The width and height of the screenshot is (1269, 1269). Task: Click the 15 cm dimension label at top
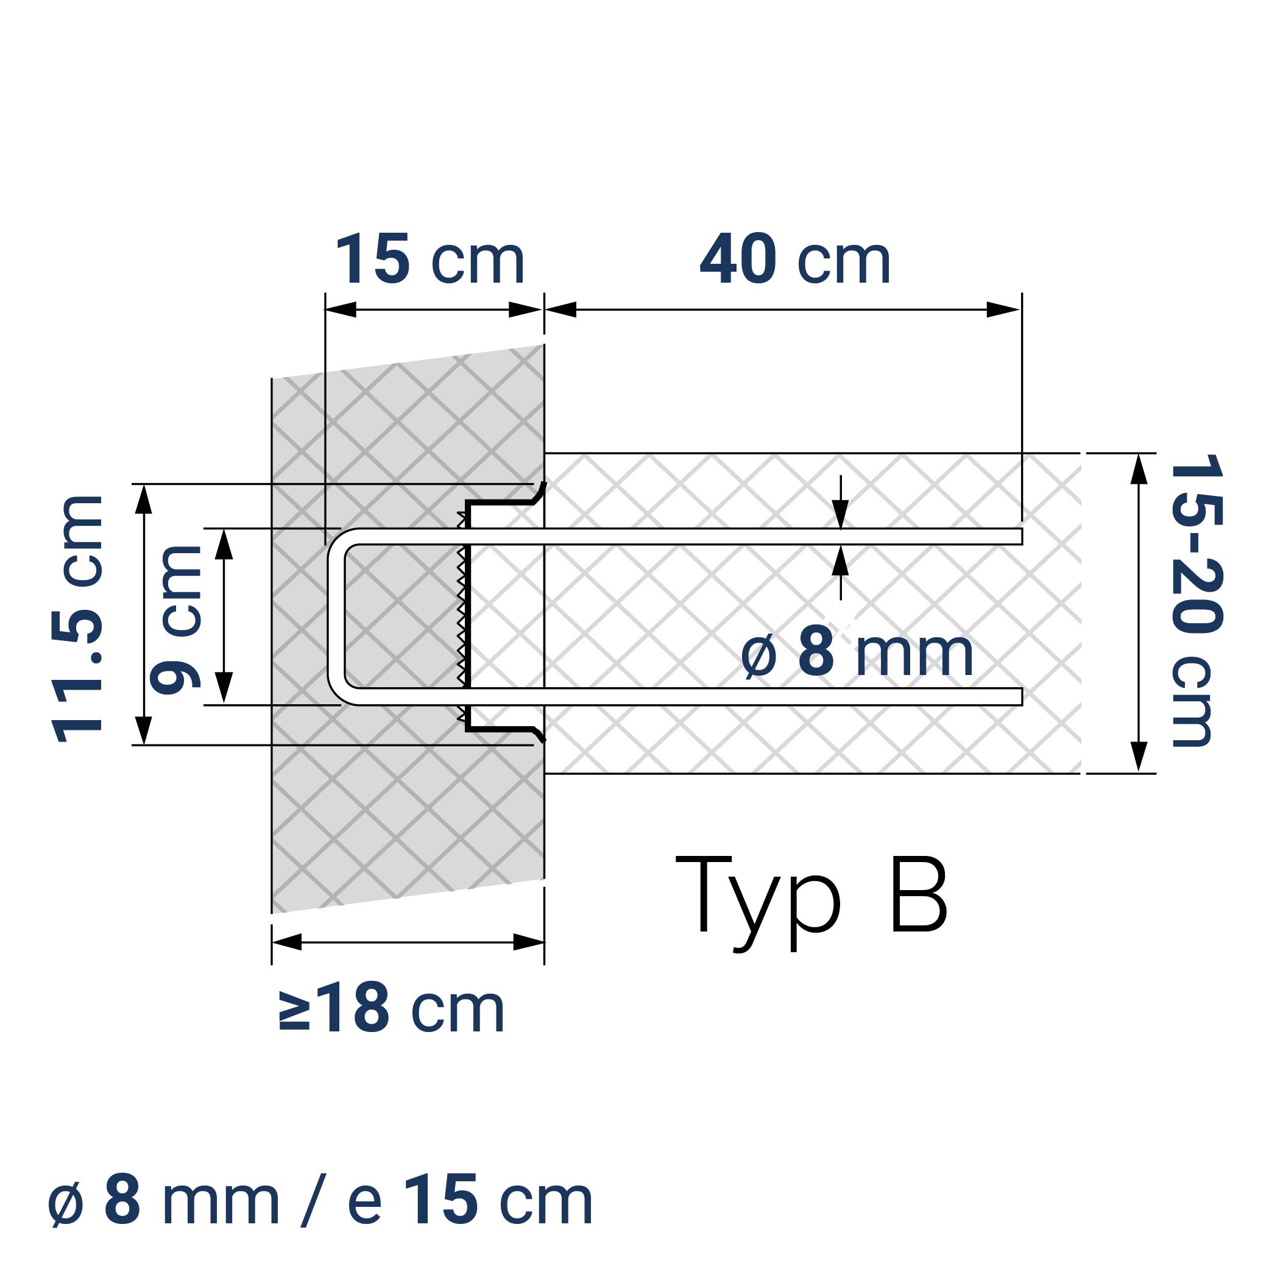click(430, 260)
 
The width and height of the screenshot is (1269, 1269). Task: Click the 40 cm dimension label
click(795, 260)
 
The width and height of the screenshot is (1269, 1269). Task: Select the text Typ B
click(811, 897)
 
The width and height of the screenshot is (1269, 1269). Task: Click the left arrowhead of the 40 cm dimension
click(560, 309)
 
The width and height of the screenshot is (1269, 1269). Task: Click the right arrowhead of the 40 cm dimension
click(1003, 309)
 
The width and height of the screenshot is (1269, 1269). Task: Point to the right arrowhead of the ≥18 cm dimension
click(529, 942)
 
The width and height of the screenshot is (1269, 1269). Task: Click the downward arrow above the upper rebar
click(841, 512)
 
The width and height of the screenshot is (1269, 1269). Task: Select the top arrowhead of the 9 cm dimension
click(224, 544)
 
